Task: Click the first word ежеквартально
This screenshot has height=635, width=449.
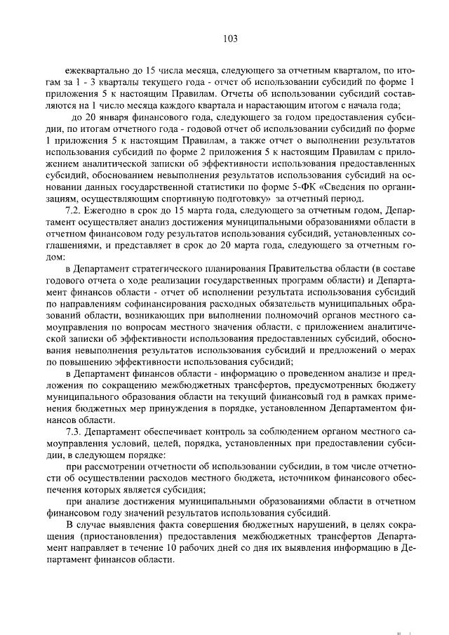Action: (x=97, y=70)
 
